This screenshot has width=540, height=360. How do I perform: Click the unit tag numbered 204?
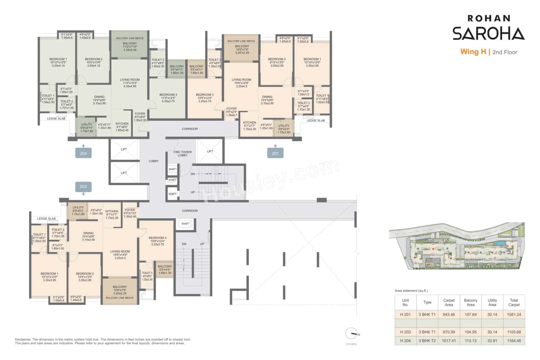click(83, 154)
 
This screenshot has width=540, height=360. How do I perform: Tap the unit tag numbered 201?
click(275, 154)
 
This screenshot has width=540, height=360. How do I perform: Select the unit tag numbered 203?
click(83, 186)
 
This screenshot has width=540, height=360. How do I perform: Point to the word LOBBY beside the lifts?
click(153, 161)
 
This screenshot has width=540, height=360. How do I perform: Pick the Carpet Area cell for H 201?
click(448, 314)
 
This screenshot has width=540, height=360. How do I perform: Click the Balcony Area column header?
click(470, 302)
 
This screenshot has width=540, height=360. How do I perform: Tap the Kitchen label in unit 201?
click(250, 125)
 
